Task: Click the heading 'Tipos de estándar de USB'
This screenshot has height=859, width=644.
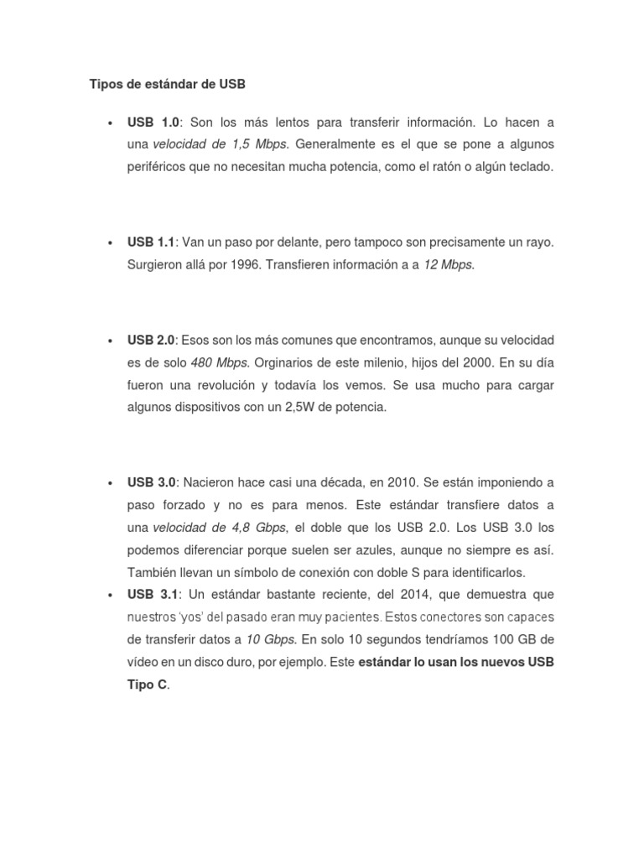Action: (x=168, y=85)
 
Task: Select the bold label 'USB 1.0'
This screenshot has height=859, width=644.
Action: (x=153, y=122)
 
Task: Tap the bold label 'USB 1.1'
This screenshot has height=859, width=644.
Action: (x=151, y=242)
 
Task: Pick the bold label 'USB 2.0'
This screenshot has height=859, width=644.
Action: (x=151, y=341)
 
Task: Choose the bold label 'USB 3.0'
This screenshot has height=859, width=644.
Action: (x=151, y=483)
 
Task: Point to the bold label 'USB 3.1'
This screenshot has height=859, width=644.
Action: (x=153, y=596)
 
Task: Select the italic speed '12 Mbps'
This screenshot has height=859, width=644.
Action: (x=449, y=265)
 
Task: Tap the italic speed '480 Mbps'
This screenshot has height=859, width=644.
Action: (x=219, y=363)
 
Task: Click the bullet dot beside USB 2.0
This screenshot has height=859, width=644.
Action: (x=110, y=341)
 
